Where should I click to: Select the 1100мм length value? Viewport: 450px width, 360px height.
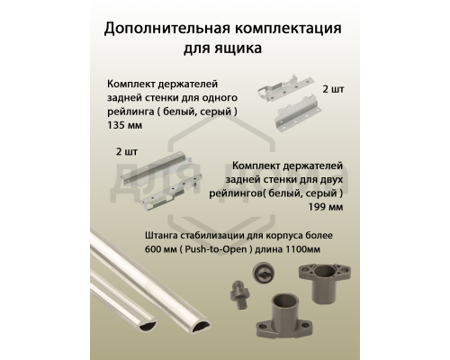(x=324, y=248)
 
